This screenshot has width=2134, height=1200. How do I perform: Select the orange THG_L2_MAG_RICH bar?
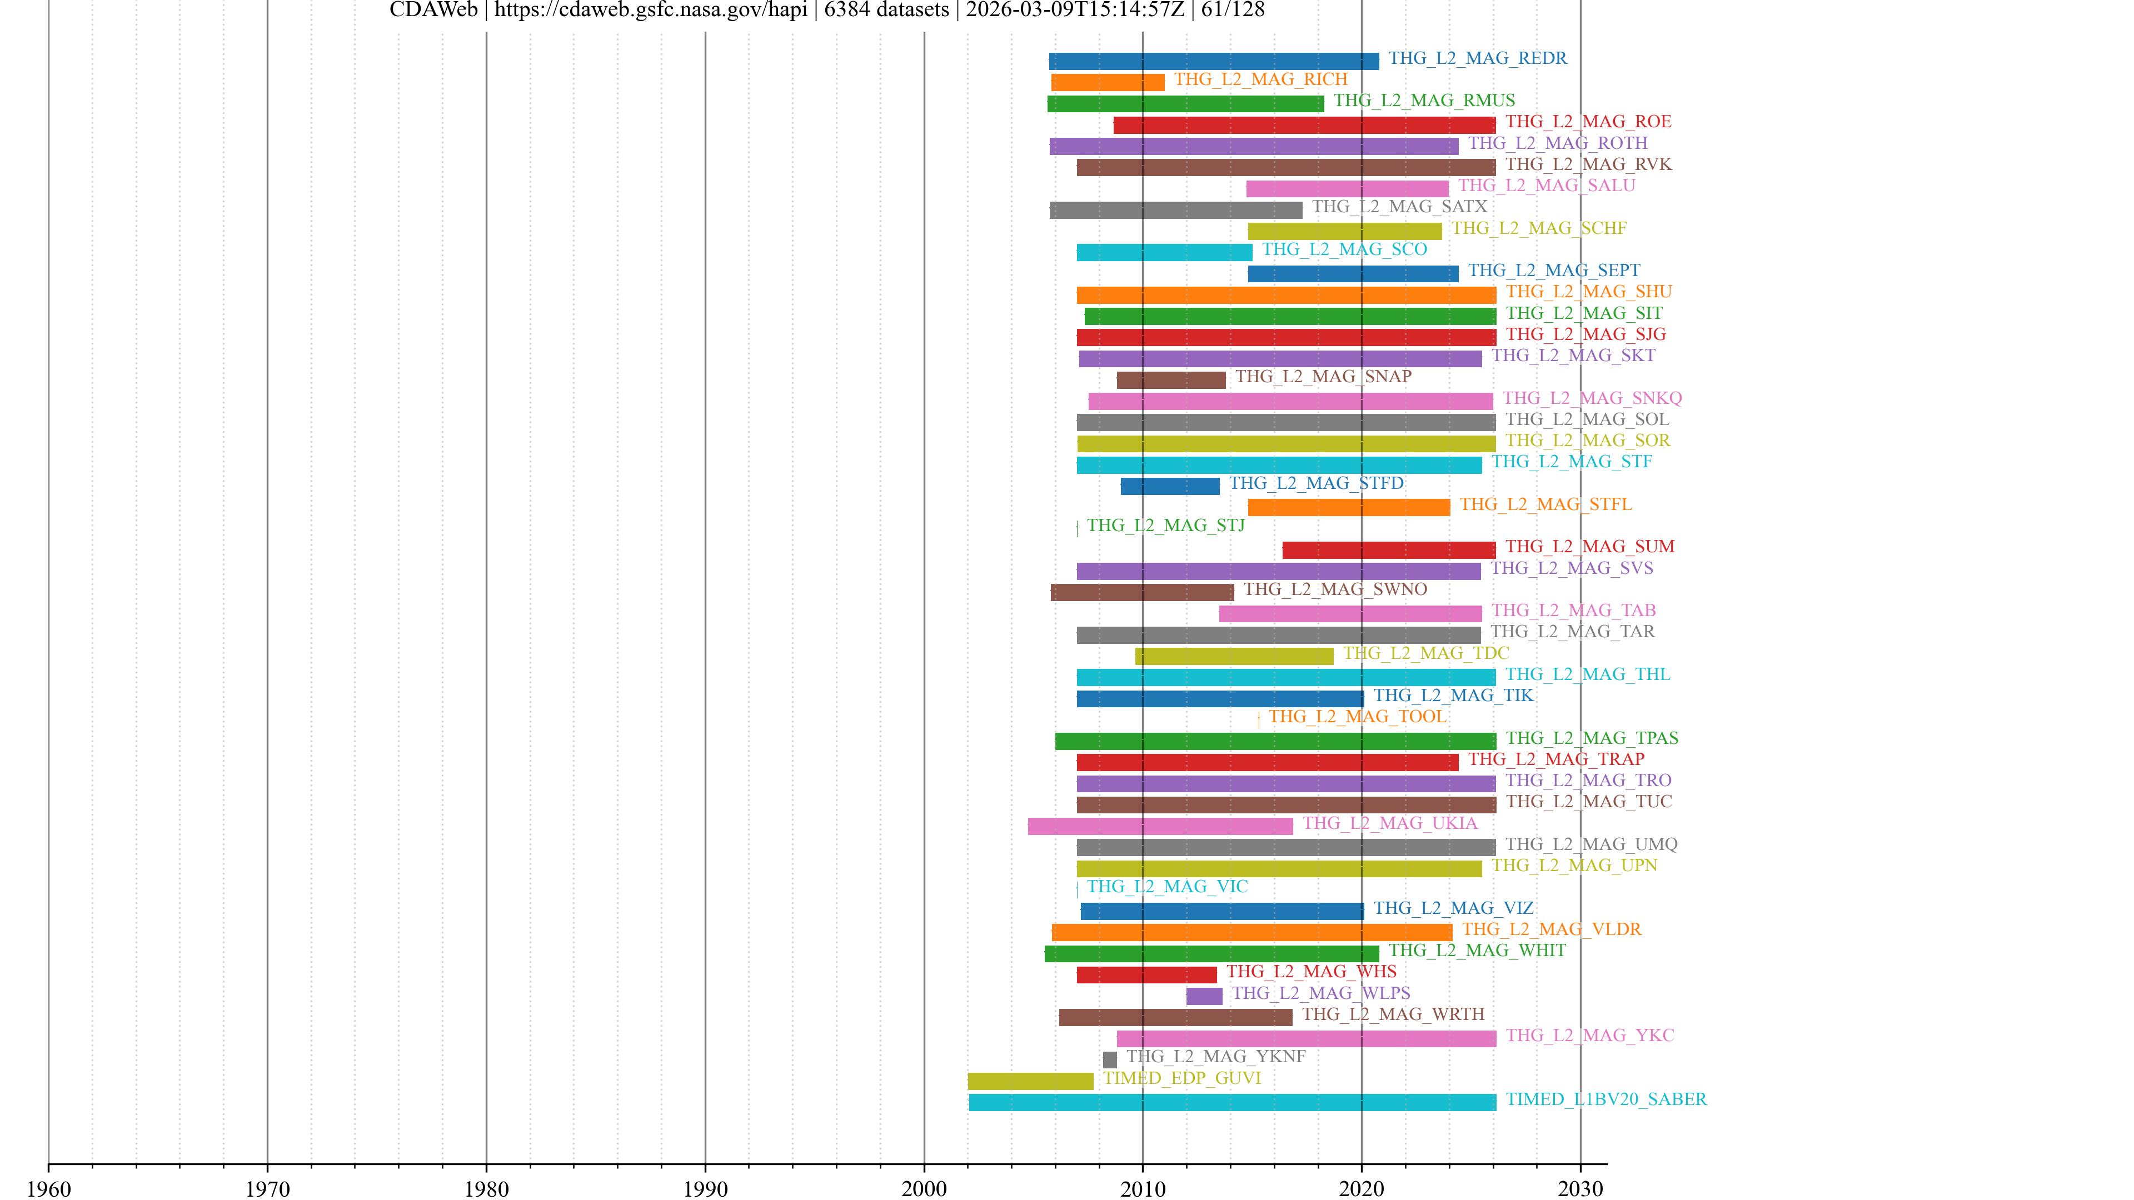click(1107, 82)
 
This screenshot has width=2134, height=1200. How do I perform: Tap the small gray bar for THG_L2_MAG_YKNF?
click(1109, 1059)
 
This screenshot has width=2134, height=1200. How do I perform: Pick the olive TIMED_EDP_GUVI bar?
click(1030, 1081)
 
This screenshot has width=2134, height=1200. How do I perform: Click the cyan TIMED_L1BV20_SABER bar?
click(1232, 1102)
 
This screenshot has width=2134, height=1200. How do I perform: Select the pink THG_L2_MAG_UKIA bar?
click(1160, 826)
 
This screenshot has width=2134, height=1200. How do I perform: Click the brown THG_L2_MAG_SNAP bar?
click(1170, 380)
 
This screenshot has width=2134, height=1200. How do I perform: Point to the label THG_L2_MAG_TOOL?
click(1357, 716)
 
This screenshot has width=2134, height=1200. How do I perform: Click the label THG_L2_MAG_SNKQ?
click(1592, 398)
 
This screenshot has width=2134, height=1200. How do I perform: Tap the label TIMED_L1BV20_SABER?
click(1606, 1099)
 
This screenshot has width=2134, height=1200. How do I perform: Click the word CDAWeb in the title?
click(433, 10)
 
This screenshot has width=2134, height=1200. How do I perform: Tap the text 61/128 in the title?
click(1233, 10)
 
